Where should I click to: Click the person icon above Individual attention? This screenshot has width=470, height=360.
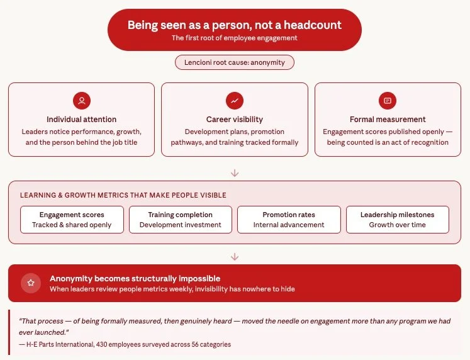click(x=81, y=101)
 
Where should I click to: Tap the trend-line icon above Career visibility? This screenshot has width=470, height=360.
click(x=234, y=101)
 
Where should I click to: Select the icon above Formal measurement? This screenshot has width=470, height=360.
click(x=388, y=101)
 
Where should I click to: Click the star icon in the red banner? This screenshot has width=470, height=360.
click(x=30, y=283)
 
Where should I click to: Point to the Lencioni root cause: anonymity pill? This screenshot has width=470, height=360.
click(x=234, y=62)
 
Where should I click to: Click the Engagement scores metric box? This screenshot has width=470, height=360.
click(x=72, y=220)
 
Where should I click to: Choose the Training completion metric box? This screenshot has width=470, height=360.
click(x=180, y=220)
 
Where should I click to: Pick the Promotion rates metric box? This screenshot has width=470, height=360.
click(x=289, y=220)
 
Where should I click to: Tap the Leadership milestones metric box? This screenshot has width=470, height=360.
click(x=398, y=220)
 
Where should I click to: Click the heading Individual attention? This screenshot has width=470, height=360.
click(x=81, y=120)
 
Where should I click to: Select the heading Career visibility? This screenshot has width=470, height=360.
click(x=234, y=120)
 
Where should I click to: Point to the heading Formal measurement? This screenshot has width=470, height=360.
click(x=388, y=120)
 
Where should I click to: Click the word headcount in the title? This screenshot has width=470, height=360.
click(x=313, y=25)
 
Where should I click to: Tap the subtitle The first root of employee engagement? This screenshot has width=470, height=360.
click(x=234, y=38)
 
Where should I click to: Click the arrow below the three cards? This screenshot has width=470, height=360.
click(x=235, y=173)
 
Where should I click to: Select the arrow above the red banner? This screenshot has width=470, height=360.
click(x=235, y=257)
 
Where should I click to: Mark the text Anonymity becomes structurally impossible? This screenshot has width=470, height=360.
click(x=135, y=278)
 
